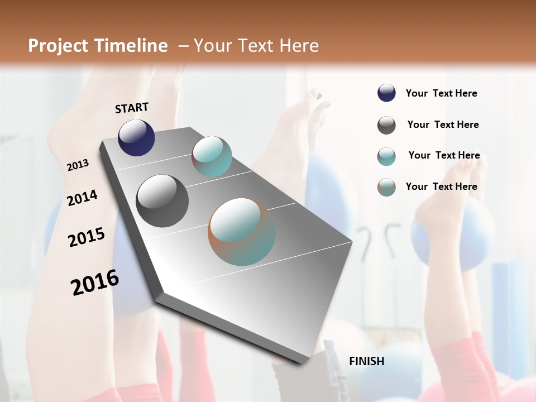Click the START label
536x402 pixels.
[132, 108]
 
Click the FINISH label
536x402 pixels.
[366, 361]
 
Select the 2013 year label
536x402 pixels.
[78, 165]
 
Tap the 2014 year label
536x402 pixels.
[82, 198]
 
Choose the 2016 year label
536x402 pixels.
[94, 283]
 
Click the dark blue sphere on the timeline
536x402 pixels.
[136, 137]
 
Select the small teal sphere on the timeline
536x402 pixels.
[212, 156]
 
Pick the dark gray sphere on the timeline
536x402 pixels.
[162, 201]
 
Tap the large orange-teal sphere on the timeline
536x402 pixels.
[242, 232]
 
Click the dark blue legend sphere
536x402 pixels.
[386, 93]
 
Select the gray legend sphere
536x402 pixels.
[386, 125]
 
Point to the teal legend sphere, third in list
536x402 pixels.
[386, 156]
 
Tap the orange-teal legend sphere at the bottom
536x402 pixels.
[386, 187]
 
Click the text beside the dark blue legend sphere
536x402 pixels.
[441, 93]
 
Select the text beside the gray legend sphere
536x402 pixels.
[443, 125]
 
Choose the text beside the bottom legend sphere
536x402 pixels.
[441, 186]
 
